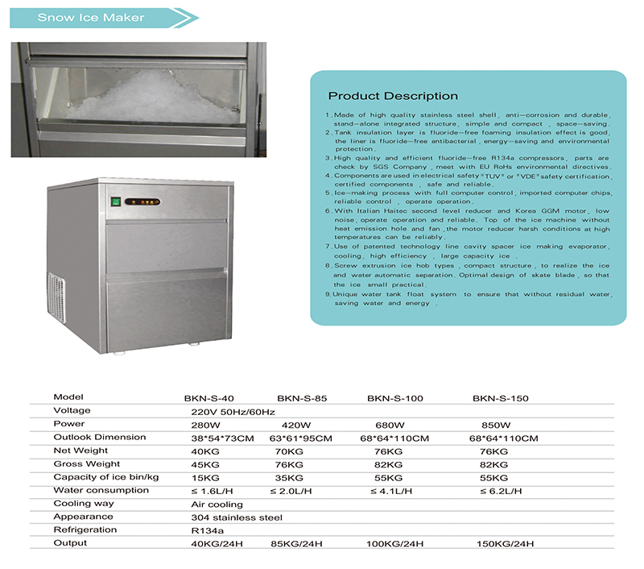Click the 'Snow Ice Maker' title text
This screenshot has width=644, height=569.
click(x=91, y=17)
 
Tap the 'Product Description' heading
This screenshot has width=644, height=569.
click(x=393, y=96)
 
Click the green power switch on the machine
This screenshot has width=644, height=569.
click(x=116, y=202)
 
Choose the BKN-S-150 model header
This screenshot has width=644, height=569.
click(x=501, y=398)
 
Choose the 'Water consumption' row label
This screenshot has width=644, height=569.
click(x=91, y=490)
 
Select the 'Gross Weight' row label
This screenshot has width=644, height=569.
click(x=87, y=463)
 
